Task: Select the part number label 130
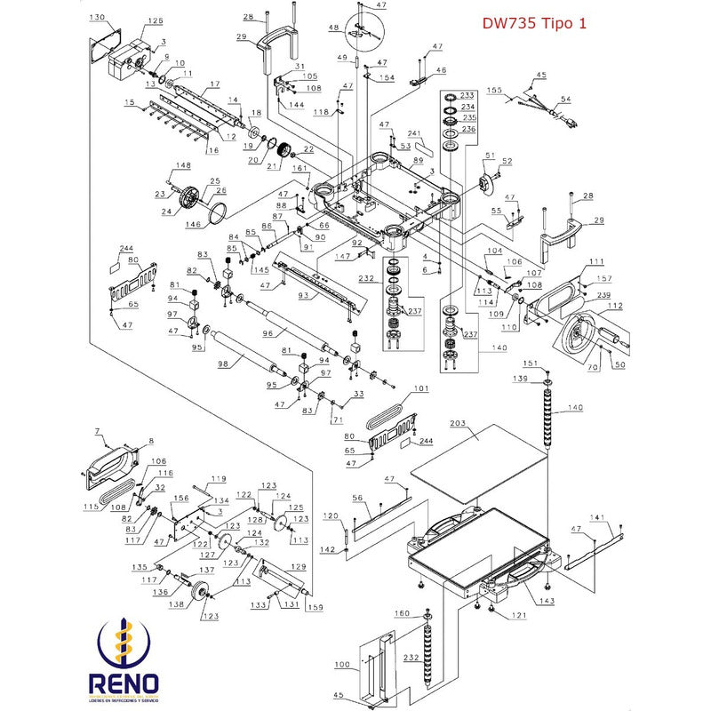(98, 18)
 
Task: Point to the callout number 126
(156, 20)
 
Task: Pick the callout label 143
(546, 601)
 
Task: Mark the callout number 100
(342, 664)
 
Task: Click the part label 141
(597, 518)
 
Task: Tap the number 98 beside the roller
(223, 365)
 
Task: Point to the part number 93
(303, 296)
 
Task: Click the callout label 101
(420, 388)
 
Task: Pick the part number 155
(495, 90)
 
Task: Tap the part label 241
(414, 133)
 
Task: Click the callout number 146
(193, 225)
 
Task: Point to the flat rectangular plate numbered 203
(480, 458)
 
